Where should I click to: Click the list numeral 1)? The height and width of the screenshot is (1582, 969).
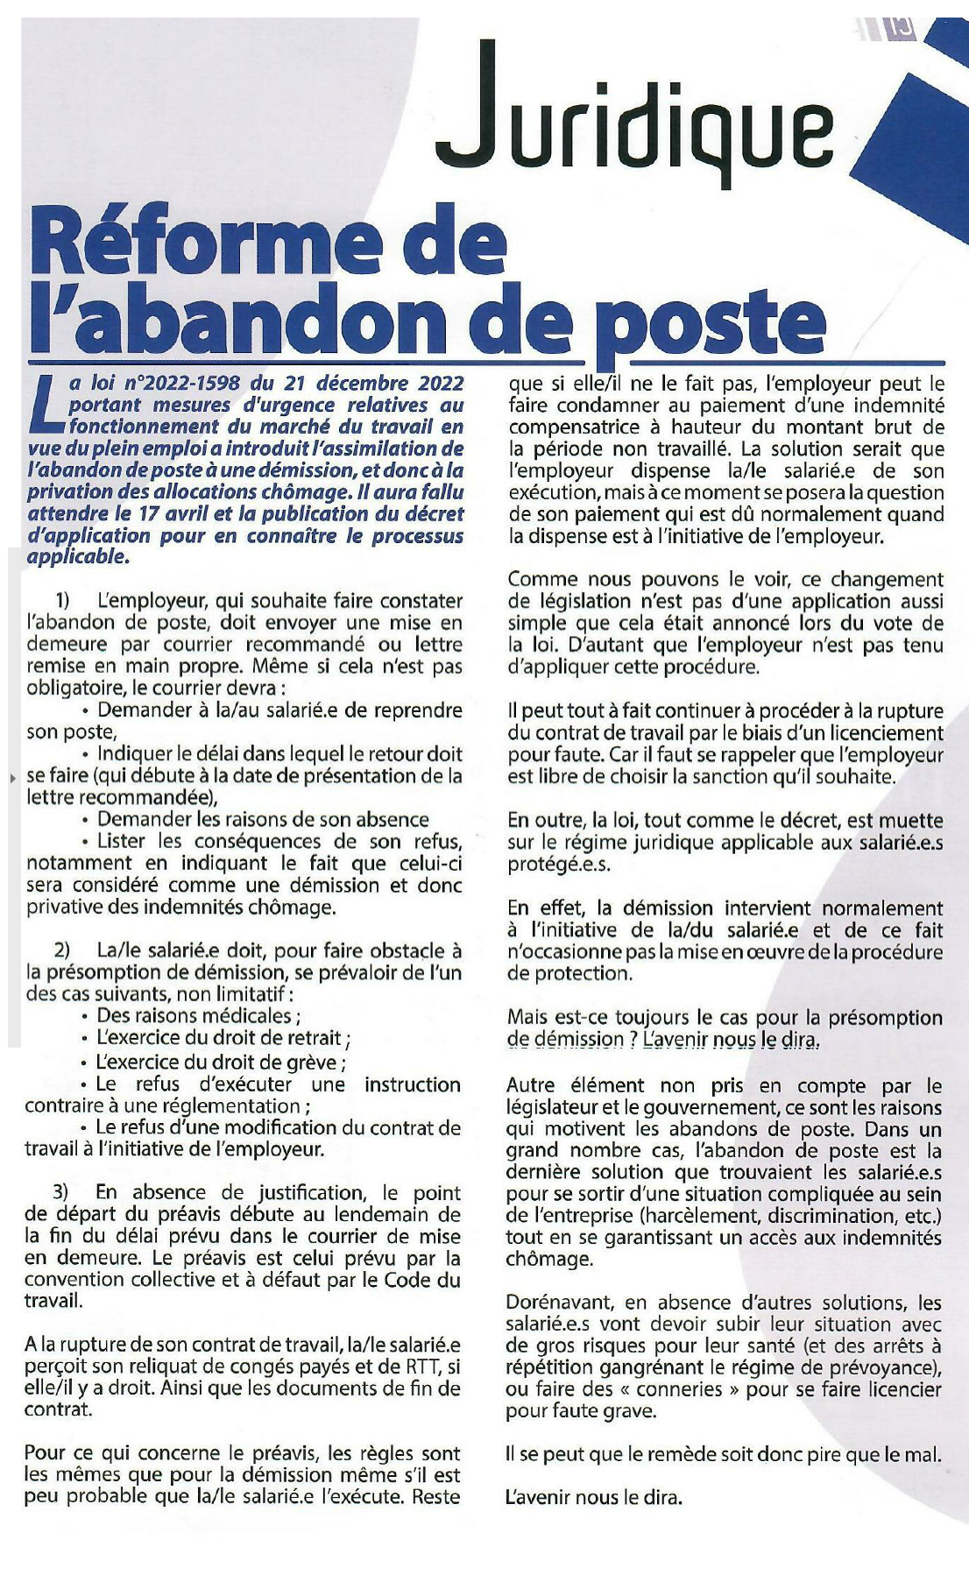point(62,601)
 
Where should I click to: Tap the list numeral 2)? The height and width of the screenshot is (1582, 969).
point(62,950)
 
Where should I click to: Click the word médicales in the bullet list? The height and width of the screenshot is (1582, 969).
point(251,1016)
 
